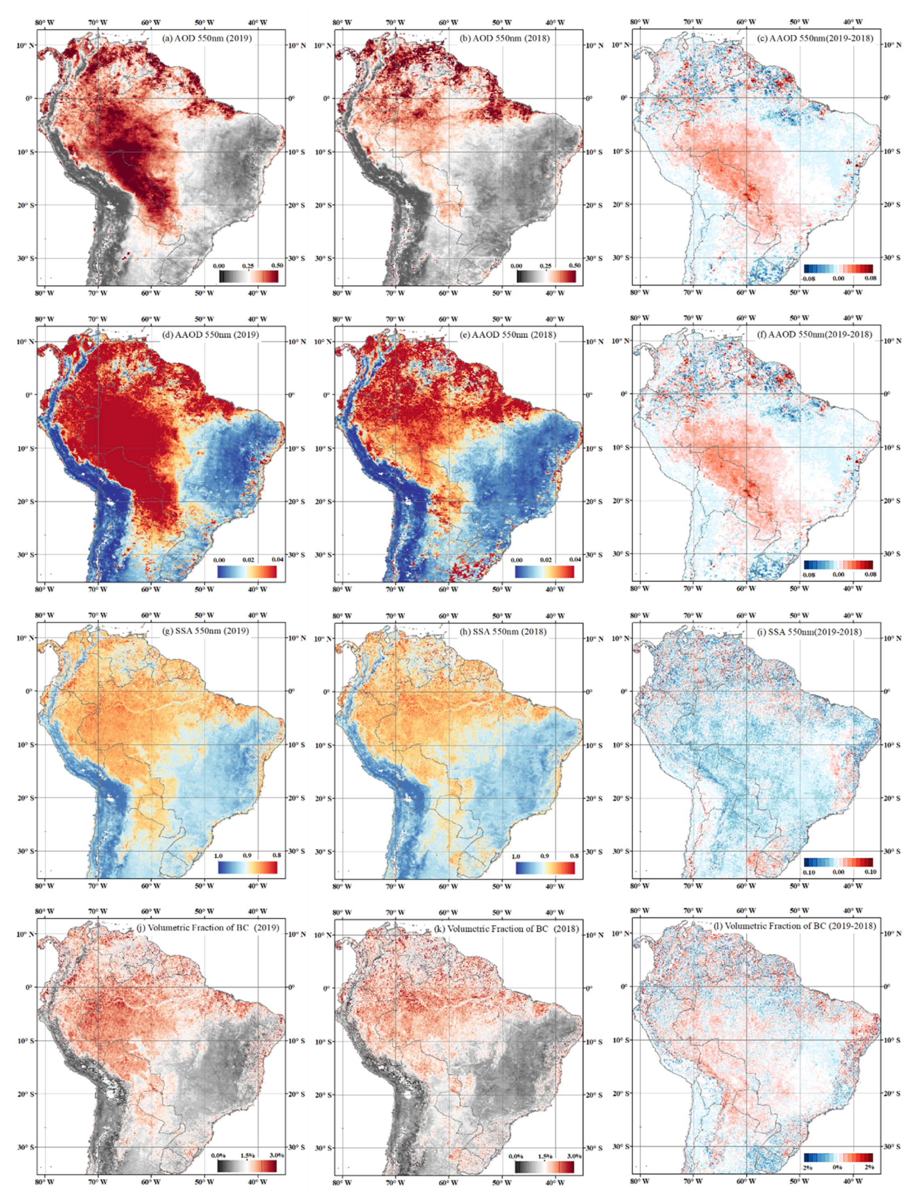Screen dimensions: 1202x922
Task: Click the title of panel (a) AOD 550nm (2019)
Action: [x=207, y=38]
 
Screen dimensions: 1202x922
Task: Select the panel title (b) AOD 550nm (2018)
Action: [x=504, y=38]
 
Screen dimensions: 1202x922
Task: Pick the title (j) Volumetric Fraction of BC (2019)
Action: [x=207, y=928]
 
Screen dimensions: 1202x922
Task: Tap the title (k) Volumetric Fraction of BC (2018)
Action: [x=506, y=929]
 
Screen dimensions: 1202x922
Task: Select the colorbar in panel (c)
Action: [x=838, y=269]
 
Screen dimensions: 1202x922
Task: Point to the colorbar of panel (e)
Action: [x=545, y=571]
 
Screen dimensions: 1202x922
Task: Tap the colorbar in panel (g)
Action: [x=247, y=867]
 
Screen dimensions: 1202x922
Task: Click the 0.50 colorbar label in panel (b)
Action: [x=575, y=265]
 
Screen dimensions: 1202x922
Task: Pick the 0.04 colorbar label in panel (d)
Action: [x=277, y=560]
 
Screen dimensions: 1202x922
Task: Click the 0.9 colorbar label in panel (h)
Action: [x=545, y=856]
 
